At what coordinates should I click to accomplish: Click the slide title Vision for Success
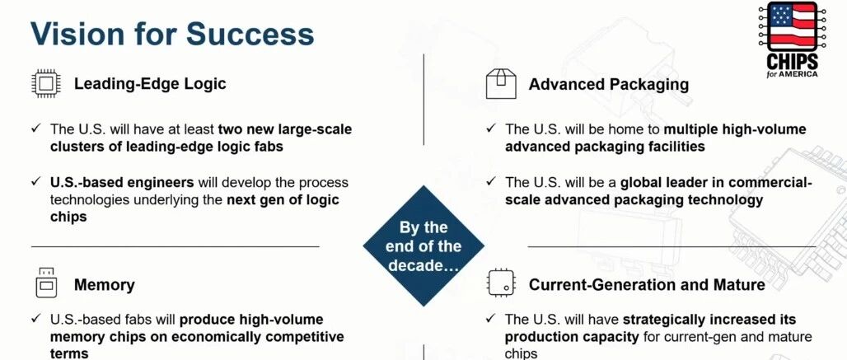(172, 34)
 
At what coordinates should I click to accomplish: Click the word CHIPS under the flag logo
(793, 60)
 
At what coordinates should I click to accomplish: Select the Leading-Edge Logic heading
(150, 84)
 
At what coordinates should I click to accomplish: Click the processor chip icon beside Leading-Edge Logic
(46, 84)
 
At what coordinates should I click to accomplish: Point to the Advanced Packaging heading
(609, 85)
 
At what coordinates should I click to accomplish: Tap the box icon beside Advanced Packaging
(501, 83)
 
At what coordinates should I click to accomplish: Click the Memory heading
(105, 285)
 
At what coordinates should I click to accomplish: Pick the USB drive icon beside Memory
(46, 283)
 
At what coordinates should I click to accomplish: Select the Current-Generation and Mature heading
(647, 285)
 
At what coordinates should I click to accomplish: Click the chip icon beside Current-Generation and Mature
(501, 283)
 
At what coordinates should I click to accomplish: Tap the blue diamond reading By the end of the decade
(423, 246)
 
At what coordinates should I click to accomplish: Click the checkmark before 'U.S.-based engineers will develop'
(36, 181)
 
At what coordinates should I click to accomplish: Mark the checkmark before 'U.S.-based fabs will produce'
(36, 319)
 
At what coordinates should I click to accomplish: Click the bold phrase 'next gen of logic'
(283, 200)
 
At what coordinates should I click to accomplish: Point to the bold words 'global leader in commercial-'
(716, 183)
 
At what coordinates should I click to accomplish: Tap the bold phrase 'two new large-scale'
(285, 129)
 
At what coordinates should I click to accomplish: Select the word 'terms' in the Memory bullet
(69, 353)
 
